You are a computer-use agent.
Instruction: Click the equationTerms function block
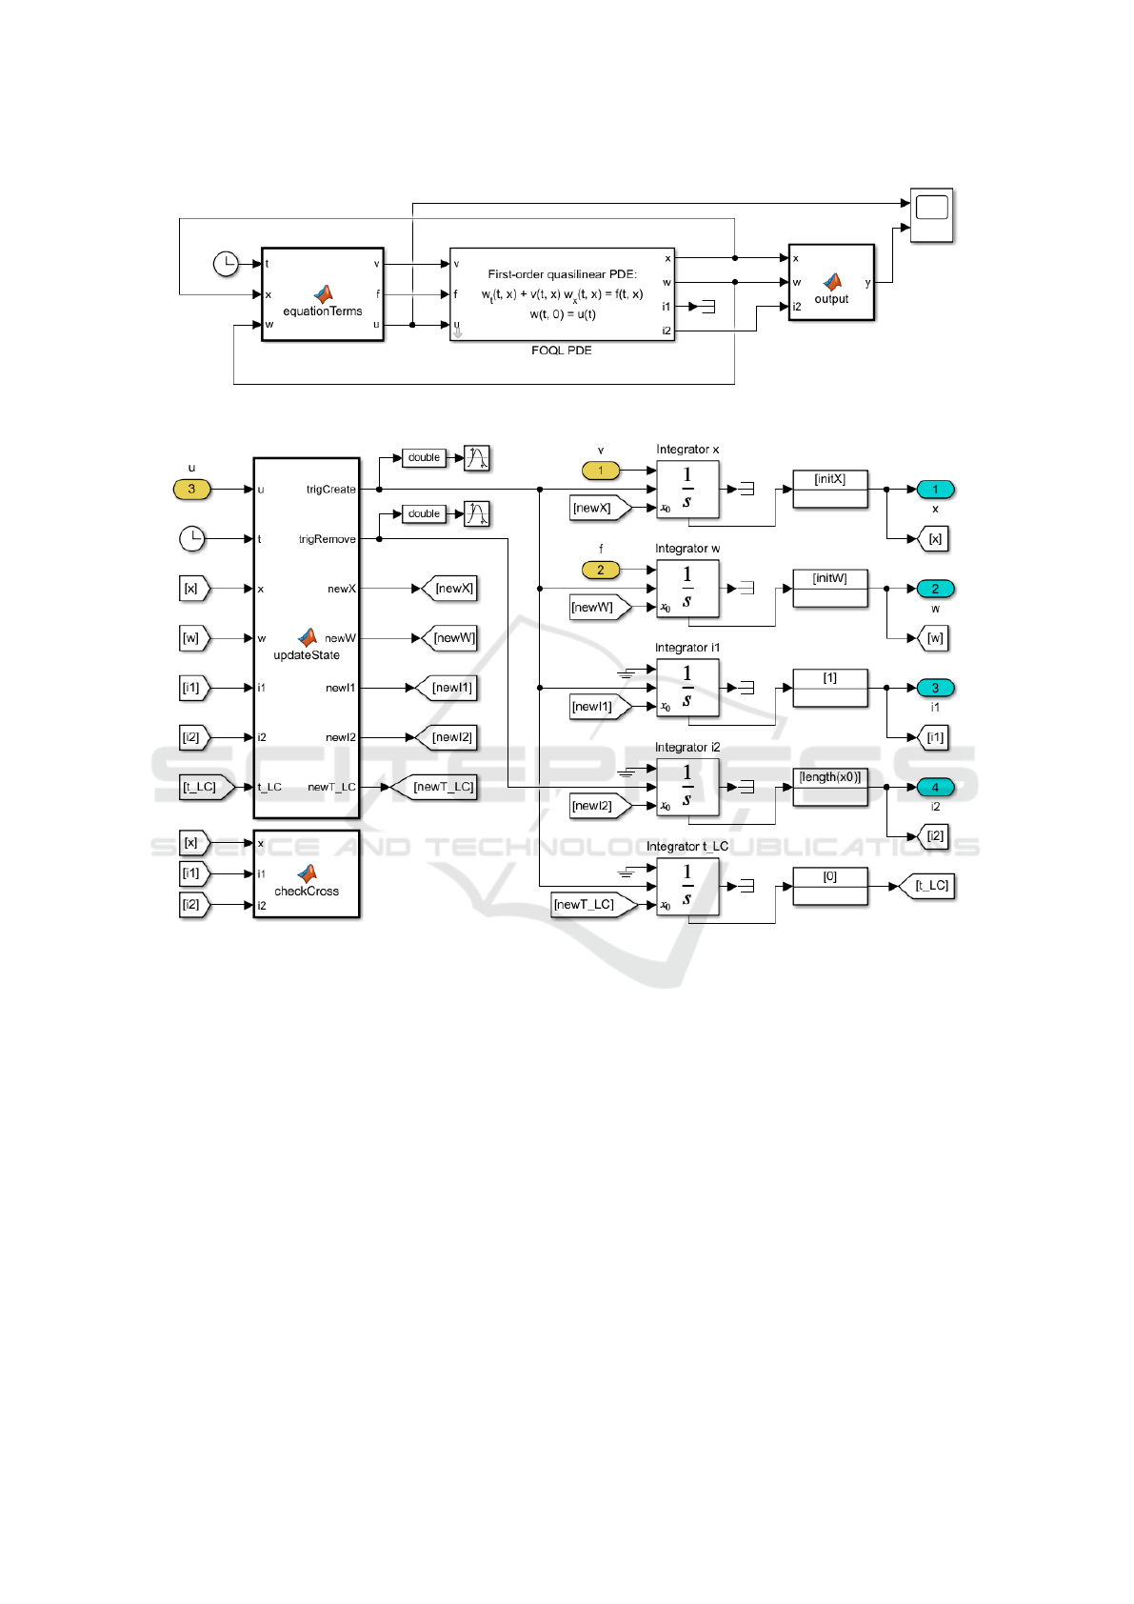pos(322,294)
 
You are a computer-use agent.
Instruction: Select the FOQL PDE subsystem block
pos(562,294)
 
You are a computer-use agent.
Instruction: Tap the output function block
pos(831,283)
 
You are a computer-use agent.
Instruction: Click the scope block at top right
pos(931,214)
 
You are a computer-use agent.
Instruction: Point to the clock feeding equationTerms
pos(226,264)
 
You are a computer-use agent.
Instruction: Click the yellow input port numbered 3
pos(191,490)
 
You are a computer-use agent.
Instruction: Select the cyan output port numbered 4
pos(935,787)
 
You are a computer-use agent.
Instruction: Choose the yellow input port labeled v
pos(600,471)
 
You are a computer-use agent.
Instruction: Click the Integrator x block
pos(687,490)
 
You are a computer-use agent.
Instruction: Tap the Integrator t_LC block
pos(687,887)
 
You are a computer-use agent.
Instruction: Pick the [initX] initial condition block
pos(830,489)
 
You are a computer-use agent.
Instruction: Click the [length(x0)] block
pos(830,787)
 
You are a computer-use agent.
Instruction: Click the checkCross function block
pos(307,873)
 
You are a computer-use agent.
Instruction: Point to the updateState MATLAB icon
pos(308,636)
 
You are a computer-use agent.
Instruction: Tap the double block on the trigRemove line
pos(424,513)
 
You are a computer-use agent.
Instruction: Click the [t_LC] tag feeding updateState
pos(202,787)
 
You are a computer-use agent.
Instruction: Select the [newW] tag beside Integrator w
pos(594,608)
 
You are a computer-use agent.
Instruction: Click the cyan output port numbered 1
pos(935,490)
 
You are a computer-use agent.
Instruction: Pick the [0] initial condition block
pos(830,886)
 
